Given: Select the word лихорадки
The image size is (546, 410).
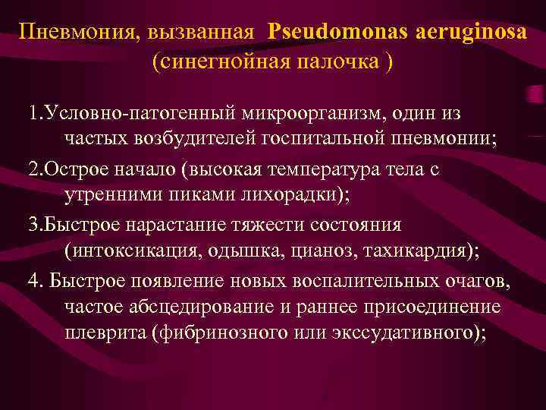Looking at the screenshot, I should click(291, 196).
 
